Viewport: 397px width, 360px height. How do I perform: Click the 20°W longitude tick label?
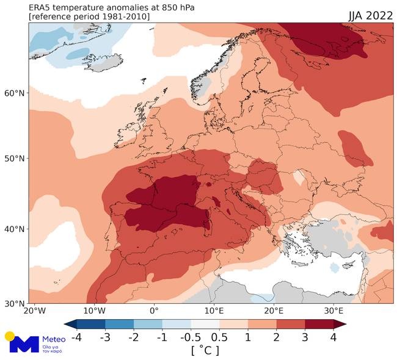(35, 311)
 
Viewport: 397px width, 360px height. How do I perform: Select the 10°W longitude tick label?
(95, 311)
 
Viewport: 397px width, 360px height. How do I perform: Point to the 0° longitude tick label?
(154, 311)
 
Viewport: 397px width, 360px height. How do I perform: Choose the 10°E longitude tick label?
(214, 311)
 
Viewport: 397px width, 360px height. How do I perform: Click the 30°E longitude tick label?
(333, 311)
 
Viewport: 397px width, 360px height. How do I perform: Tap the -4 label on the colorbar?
(77, 337)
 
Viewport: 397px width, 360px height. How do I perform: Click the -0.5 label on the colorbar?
(191, 337)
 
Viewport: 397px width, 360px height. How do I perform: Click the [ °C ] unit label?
(205, 351)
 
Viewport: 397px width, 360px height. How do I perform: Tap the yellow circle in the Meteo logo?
(9, 336)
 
